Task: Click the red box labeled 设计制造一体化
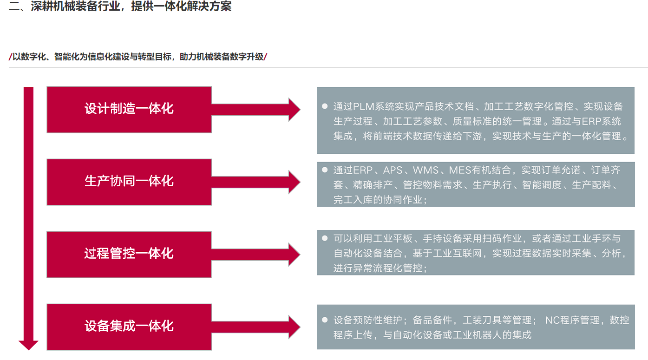pos(129,110)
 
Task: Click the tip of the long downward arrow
pos(28,346)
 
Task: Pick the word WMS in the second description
pos(425,170)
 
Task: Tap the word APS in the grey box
pos(393,170)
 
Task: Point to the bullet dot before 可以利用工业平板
pos(325,238)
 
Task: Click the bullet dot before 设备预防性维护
pos(325,320)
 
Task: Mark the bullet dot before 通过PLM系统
pos(325,106)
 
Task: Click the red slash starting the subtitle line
pos(10,57)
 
